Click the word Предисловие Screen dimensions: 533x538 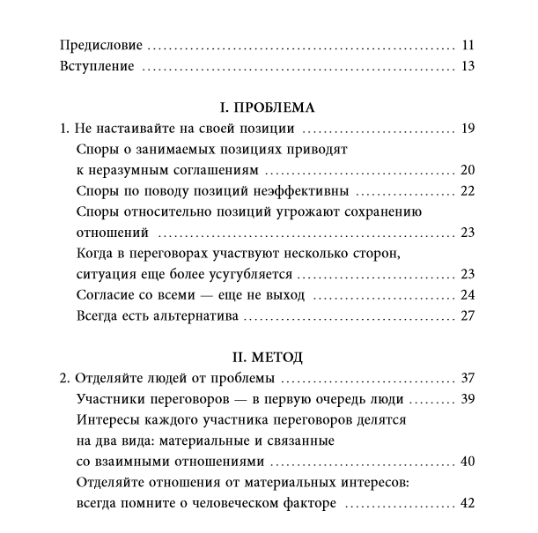pos(101,45)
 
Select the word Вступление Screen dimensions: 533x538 pos(96,66)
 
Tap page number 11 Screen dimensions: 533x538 pos(468,45)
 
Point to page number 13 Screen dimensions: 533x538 pos(468,66)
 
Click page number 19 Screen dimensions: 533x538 pos(468,130)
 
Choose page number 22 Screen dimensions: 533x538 pos(468,191)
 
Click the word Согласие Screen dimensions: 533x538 pos(107,294)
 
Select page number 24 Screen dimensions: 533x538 pos(468,294)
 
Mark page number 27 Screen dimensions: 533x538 pos(468,315)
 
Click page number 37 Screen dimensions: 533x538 pos(468,379)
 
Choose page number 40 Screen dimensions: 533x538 pos(468,462)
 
